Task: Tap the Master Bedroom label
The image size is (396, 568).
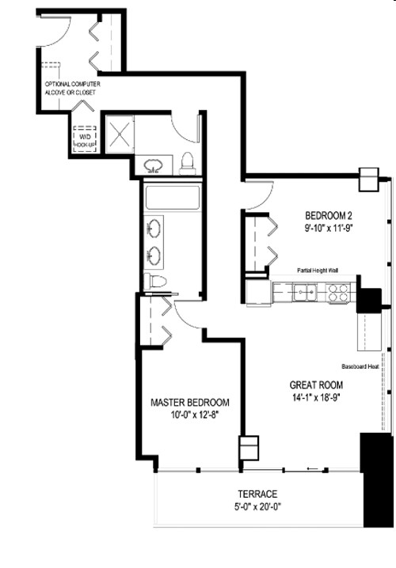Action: pos(189,402)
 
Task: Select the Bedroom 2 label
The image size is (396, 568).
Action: pos(328,215)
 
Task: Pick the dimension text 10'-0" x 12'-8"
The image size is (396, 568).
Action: pos(189,414)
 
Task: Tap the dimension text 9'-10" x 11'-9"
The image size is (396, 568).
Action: pos(328,228)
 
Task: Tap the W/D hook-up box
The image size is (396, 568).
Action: pos(85,139)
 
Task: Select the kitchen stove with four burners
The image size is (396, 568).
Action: pos(338,293)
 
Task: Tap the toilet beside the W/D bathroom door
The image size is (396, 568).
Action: pos(188,163)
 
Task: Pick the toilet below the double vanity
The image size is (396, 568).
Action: pos(155,282)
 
